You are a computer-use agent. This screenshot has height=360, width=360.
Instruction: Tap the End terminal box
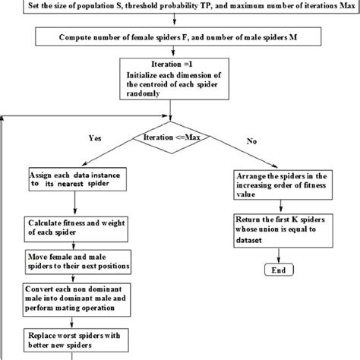277,271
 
